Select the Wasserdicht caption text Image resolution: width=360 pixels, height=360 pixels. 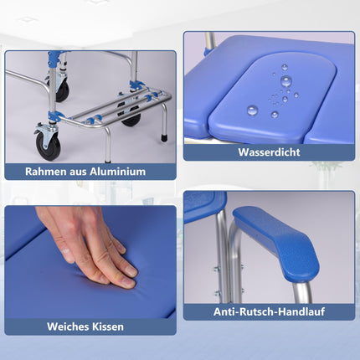click(269, 152)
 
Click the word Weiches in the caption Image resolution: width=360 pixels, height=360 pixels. click(67, 327)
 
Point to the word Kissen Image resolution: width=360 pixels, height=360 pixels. click(108, 327)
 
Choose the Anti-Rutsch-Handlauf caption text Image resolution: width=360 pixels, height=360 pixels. click(269, 311)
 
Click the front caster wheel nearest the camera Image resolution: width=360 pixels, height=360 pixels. click(48, 147)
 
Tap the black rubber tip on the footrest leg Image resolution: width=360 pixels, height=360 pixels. click(164, 138)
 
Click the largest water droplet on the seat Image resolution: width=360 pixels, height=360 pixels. click(286, 81)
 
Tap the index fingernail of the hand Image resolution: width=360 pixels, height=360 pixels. click(130, 270)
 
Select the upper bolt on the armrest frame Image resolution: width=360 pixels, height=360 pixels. click(218, 269)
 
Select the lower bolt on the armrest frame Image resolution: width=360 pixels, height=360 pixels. click(218, 293)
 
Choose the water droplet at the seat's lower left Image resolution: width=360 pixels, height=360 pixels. click(252, 111)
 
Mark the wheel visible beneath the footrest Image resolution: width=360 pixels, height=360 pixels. click(131, 119)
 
